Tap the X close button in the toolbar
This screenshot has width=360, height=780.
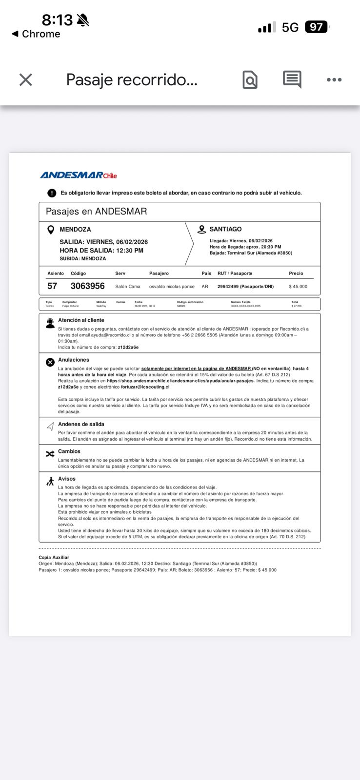26,80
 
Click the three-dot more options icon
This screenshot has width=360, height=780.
334,80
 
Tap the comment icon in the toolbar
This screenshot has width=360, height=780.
292,79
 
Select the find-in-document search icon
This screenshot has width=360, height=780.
250,80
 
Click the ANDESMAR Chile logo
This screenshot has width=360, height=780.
79,175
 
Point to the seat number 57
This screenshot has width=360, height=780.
52,286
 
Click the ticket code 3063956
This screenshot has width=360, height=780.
88,286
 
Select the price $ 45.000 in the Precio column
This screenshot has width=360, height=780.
298,287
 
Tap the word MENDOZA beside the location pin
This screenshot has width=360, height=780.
75,229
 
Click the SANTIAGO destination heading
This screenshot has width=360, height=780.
225,229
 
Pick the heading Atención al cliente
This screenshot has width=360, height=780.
81,320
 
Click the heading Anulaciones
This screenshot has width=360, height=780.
74,360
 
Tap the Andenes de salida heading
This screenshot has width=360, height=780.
81,424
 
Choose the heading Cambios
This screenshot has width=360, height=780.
69,451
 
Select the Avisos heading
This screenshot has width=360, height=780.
67,479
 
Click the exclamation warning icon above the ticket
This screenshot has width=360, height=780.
52,193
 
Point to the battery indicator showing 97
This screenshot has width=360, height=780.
317,27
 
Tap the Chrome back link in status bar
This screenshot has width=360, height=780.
36,34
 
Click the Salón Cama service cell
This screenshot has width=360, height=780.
128,287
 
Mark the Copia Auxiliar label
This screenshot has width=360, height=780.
54,557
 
